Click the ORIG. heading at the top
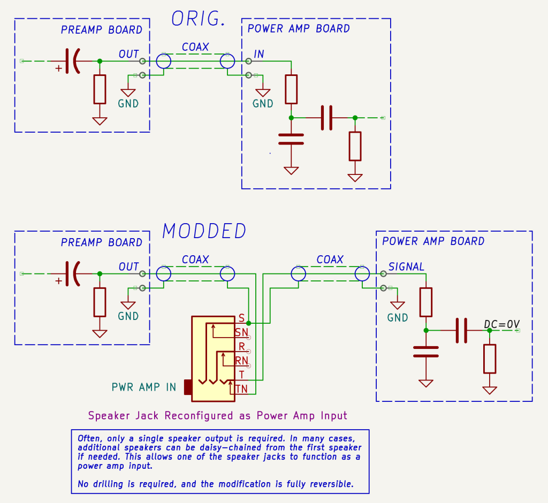(197, 19)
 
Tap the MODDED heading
(204, 231)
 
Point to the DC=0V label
(501, 324)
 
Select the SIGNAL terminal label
(406, 266)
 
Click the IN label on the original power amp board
(259, 54)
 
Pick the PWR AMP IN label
(143, 387)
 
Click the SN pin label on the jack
(241, 332)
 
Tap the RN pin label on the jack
(241, 361)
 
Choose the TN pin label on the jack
(241, 389)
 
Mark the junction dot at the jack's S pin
(249, 323)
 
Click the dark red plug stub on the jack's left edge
(188, 387)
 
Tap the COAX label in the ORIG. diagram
(195, 47)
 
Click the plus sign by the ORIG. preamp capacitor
(58, 68)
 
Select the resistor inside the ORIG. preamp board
(100, 89)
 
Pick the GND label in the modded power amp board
(398, 318)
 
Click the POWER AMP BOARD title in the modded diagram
(433, 241)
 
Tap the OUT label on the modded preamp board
(128, 266)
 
